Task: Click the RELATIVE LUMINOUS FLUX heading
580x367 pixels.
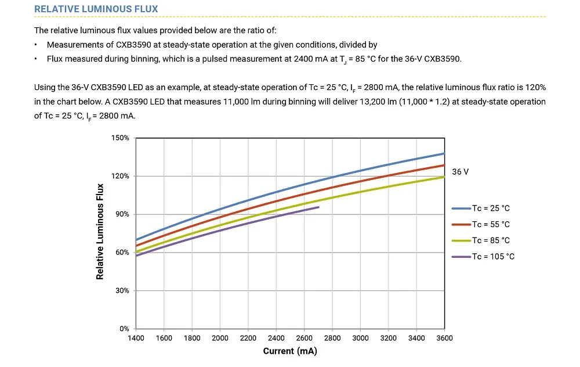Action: [x=96, y=9]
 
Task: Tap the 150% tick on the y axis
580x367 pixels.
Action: [x=120, y=138]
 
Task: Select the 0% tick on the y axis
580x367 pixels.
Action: [x=124, y=329]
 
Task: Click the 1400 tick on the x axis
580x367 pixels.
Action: [x=136, y=338]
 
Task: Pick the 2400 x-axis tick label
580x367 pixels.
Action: [x=276, y=338]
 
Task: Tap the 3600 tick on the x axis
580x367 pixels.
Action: [x=444, y=338]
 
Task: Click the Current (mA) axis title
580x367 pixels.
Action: [x=290, y=351]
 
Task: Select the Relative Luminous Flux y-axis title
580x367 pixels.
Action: [x=100, y=231]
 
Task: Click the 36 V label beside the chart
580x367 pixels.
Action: [x=460, y=172]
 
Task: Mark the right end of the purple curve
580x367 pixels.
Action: [x=318, y=207]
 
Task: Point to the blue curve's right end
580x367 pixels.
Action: [x=444, y=153]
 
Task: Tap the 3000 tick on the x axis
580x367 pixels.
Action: [x=360, y=338]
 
